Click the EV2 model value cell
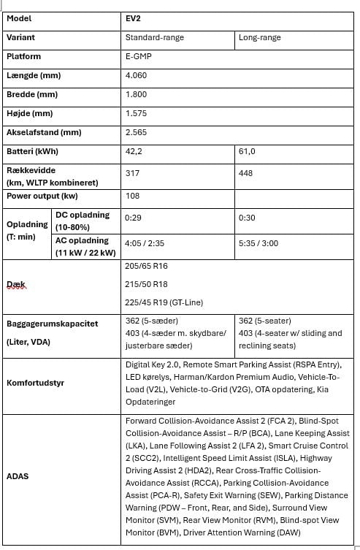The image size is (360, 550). coord(134,18)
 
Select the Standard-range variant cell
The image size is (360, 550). coord(155,37)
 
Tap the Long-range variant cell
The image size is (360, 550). coord(259,37)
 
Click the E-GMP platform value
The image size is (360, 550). coord(139,56)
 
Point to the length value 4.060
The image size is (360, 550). coord(137,75)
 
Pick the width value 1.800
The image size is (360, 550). coord(137,94)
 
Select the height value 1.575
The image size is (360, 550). coord(137,113)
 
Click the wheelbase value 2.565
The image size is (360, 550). coord(137,132)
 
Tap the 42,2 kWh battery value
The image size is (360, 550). coord(134,151)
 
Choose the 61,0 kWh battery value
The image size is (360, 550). coord(247,151)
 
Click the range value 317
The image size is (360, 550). coord(132,173)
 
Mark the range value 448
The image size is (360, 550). coord(246,173)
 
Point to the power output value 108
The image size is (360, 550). coord(132,196)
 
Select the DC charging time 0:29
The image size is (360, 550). coord(133,218)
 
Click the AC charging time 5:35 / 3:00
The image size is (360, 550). coord(258,242)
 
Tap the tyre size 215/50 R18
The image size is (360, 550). coord(147,284)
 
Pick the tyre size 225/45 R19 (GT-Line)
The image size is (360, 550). coord(164,302)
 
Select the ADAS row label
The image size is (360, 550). coord(18,475)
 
